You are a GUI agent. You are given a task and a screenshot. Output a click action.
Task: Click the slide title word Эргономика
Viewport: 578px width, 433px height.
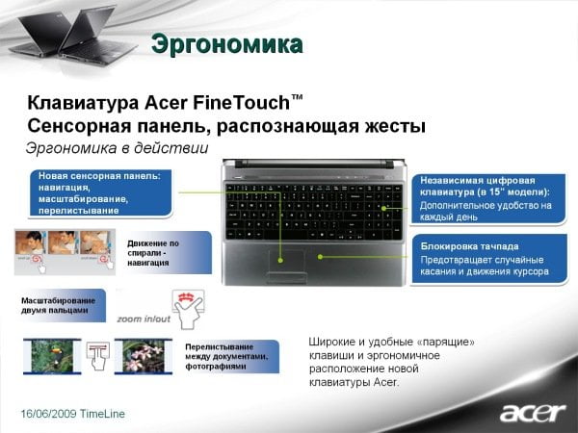click(x=227, y=44)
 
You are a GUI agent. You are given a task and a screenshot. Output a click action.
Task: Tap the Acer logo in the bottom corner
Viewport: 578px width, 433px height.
click(x=533, y=413)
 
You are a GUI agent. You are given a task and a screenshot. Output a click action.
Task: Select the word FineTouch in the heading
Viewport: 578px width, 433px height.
click(x=242, y=103)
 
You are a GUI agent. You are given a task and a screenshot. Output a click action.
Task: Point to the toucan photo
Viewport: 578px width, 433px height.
click(x=52, y=356)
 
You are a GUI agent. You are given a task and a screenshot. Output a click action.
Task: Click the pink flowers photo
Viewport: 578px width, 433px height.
click(x=144, y=356)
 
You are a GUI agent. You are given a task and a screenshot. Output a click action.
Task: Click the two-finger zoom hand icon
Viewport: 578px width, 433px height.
click(x=189, y=309)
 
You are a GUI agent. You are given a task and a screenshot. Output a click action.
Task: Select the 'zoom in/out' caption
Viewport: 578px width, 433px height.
click(x=144, y=318)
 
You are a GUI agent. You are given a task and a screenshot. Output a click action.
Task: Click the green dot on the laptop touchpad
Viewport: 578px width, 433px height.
click(x=280, y=261)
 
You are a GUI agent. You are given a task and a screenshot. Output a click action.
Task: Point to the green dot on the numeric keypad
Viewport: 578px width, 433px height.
click(x=383, y=209)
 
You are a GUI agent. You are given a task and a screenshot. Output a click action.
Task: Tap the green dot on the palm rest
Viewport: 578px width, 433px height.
click(x=321, y=257)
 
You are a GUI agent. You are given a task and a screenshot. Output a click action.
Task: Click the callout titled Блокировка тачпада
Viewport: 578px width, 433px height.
click(x=489, y=259)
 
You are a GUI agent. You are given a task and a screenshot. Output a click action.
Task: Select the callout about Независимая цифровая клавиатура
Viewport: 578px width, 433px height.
click(x=488, y=199)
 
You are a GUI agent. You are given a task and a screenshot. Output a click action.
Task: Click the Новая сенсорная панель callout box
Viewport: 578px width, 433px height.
click(x=100, y=193)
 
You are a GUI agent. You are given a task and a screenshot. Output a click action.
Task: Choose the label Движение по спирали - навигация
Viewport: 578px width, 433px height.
click(x=153, y=253)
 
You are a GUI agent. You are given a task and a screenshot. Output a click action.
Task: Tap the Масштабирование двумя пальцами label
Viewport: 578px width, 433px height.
click(x=58, y=306)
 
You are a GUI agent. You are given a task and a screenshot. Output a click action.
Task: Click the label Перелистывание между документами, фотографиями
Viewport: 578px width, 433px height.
click(x=226, y=356)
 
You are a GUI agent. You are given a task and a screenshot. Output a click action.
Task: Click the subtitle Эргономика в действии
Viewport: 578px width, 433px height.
click(x=118, y=148)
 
